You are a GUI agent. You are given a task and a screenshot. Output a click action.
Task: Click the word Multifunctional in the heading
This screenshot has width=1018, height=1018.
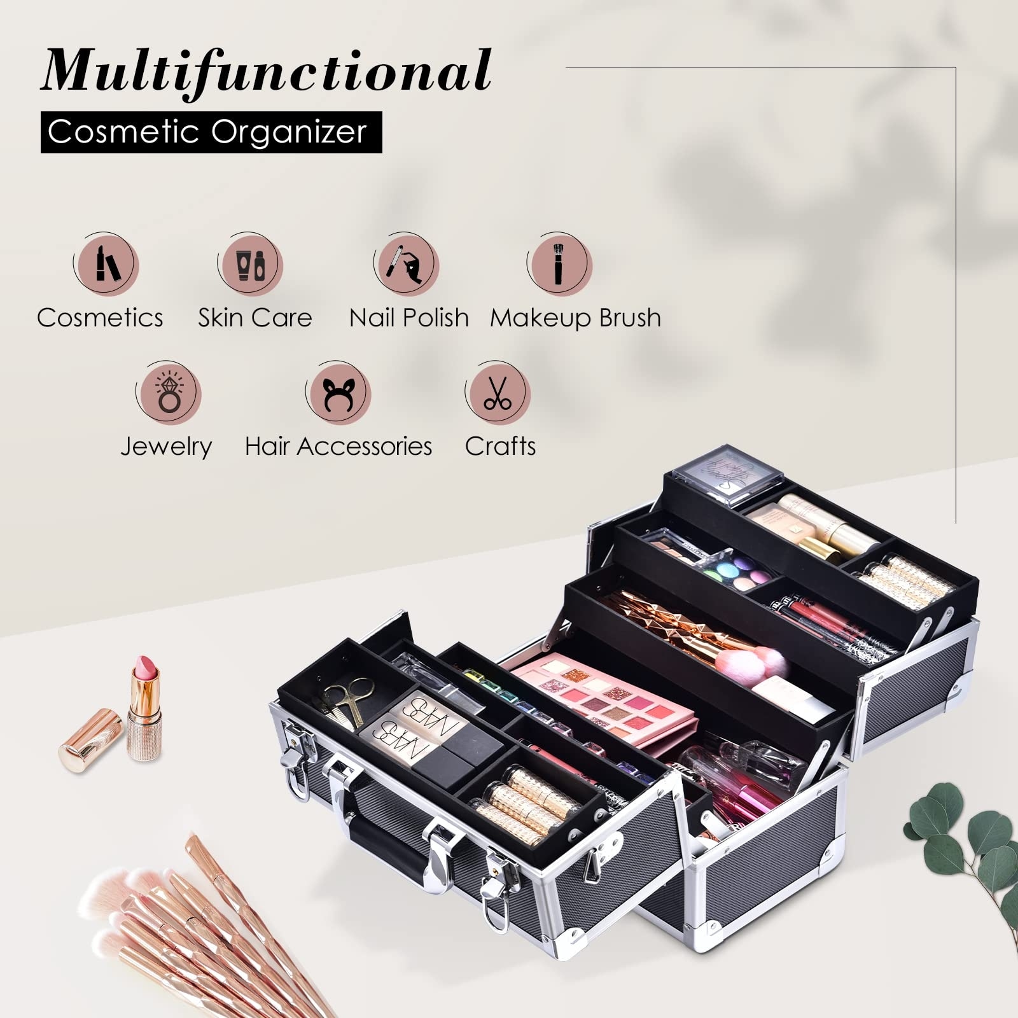tap(266, 71)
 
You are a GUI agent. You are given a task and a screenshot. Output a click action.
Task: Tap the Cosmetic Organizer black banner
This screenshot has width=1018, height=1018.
tap(211, 132)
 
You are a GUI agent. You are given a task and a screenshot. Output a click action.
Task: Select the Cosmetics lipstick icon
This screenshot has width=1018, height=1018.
tap(106, 263)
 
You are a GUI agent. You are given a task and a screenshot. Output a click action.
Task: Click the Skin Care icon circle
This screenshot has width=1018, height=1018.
tap(251, 264)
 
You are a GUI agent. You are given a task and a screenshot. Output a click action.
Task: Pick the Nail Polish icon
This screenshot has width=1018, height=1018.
tap(407, 263)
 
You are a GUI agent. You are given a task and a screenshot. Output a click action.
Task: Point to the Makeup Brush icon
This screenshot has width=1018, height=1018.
tap(559, 263)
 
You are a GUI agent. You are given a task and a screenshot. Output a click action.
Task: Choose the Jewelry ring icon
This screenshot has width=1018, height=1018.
tap(169, 393)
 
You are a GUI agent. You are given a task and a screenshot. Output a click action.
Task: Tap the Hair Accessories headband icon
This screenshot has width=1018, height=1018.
tap(338, 393)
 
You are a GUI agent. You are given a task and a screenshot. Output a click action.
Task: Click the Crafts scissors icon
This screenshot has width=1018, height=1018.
tap(498, 392)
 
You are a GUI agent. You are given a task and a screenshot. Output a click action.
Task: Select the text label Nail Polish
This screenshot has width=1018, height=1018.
tap(409, 317)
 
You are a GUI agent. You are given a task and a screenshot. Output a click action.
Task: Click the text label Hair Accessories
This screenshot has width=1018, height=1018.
tap(338, 446)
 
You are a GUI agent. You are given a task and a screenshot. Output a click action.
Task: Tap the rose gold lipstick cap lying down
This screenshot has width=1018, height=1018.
tap(90, 741)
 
